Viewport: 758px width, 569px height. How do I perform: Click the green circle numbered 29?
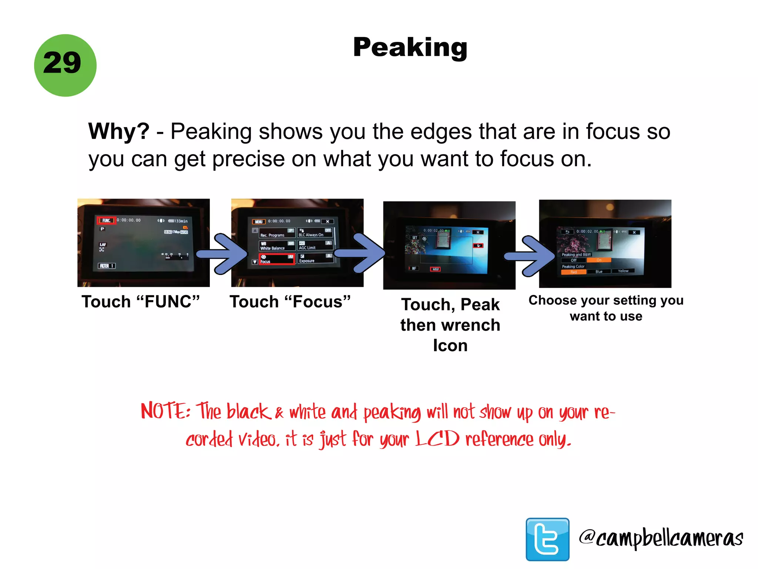pos(65,65)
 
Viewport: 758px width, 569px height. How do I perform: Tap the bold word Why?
pos(118,132)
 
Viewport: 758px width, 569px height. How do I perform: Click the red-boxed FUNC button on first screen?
pos(106,220)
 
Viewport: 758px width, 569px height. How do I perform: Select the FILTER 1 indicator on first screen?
pos(107,266)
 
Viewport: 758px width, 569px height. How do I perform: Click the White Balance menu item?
pos(277,246)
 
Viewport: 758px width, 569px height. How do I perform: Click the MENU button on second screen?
pos(259,222)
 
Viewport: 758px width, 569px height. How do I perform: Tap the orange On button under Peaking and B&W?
pos(598,260)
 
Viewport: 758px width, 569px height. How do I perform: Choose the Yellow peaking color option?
pos(623,271)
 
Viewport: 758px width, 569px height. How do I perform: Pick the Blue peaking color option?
pos(599,272)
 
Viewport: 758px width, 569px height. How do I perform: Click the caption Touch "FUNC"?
pos(141,302)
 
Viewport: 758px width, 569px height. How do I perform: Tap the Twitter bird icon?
pos(547,539)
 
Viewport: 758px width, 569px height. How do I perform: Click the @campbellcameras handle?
pos(661,538)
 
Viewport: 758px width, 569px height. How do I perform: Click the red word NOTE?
pos(165,411)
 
